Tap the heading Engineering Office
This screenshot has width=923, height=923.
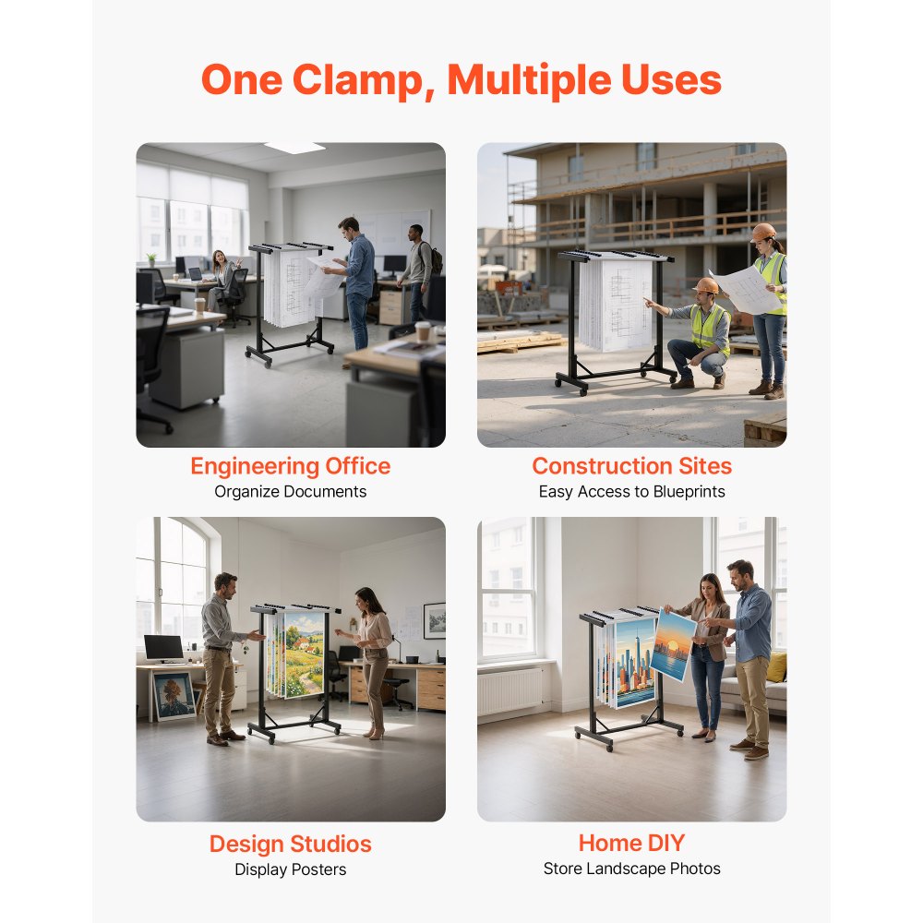[x=290, y=466]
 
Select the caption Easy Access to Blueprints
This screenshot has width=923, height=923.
[x=631, y=492]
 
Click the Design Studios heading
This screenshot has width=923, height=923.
[x=290, y=845]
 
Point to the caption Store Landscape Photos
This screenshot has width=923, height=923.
[x=631, y=869]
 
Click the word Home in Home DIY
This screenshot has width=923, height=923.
[x=607, y=843]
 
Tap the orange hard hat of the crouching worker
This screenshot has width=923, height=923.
[x=705, y=285]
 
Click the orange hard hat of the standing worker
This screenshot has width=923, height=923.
[x=763, y=232]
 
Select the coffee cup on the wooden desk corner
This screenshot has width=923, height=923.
[x=423, y=331]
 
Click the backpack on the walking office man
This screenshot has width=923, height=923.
[x=437, y=259]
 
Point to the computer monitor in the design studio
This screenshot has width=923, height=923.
[x=163, y=648]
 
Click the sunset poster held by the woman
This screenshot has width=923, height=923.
[x=673, y=644]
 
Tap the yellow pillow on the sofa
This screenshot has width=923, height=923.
[x=777, y=667]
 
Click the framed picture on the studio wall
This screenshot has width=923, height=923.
[x=435, y=620]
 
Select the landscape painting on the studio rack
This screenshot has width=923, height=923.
[x=304, y=653]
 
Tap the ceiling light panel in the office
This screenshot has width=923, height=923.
[x=294, y=147]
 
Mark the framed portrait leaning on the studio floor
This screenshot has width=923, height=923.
[x=174, y=696]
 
